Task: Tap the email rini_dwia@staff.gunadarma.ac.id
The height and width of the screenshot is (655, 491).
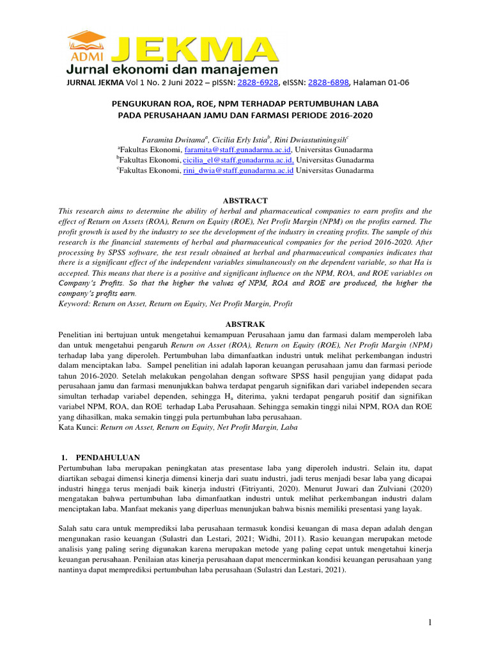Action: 238,171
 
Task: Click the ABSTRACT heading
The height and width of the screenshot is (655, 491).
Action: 245,201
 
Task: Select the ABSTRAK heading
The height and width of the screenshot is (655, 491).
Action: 245,325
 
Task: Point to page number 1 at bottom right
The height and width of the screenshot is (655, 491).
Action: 431,622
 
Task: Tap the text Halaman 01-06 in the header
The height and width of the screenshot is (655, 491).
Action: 381,83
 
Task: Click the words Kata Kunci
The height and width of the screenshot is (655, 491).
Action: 77,427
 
